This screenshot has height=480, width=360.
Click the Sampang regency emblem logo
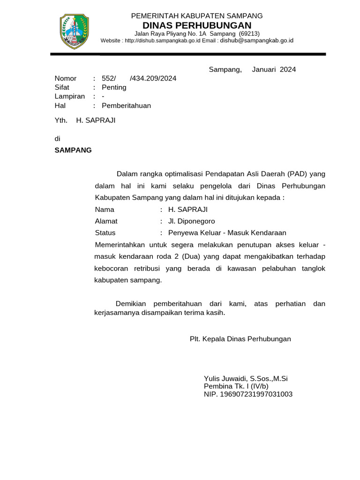tap(75, 31)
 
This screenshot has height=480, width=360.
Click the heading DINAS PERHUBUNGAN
tap(197, 25)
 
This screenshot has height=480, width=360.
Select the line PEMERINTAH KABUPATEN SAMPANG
tap(197, 16)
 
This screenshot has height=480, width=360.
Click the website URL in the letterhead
tap(163, 41)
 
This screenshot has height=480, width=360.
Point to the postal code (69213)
tap(249, 34)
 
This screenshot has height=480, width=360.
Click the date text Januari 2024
tap(274, 70)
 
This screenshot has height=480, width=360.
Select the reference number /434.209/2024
tap(153, 78)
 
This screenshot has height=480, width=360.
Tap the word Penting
tap(114, 87)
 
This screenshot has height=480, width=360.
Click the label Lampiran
tap(70, 97)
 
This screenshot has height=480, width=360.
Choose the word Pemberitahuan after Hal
tap(127, 105)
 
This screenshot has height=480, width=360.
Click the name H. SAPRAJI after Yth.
tap(96, 120)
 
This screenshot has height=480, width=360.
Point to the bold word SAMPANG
tap(73, 150)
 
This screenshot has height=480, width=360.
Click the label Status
tap(105, 233)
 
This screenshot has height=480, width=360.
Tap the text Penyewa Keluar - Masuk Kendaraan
tap(227, 233)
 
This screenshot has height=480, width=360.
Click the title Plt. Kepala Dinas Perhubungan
tap(240, 339)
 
